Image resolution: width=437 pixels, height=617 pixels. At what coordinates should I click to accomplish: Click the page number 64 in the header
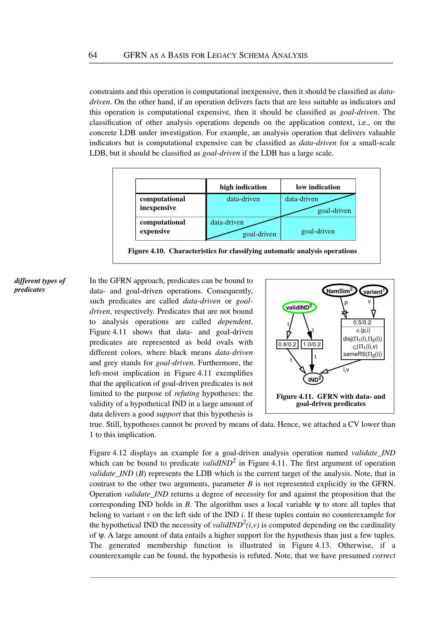click(93, 55)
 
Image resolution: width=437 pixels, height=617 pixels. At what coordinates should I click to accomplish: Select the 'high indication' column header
click(243, 187)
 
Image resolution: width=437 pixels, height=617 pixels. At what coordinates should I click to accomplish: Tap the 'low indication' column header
click(318, 187)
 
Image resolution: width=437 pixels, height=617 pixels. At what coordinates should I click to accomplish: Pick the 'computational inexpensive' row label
click(162, 203)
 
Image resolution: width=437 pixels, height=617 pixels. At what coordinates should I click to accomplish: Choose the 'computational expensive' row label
click(162, 227)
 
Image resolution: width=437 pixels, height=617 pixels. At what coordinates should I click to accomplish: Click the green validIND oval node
click(299, 307)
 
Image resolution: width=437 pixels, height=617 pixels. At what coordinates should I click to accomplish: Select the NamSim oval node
click(339, 291)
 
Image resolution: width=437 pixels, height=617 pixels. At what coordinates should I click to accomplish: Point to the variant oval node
click(374, 291)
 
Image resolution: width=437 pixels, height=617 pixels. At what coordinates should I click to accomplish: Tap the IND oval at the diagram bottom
click(313, 379)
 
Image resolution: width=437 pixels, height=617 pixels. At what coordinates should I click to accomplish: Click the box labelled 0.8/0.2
click(287, 344)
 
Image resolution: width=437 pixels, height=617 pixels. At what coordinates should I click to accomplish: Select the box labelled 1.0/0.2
click(312, 344)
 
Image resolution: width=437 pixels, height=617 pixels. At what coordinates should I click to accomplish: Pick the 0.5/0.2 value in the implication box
click(362, 322)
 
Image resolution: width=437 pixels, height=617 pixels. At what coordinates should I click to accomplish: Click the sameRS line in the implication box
click(362, 354)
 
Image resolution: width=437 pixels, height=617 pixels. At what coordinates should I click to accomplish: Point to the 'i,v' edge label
click(346, 370)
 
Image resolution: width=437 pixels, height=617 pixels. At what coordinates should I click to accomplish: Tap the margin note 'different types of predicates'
click(40, 285)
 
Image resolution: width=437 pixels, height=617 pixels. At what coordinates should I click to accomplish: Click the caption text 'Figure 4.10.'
click(146, 251)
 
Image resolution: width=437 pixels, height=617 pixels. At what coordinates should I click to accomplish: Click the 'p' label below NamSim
click(346, 302)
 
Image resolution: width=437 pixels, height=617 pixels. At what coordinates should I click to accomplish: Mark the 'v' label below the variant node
click(369, 302)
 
